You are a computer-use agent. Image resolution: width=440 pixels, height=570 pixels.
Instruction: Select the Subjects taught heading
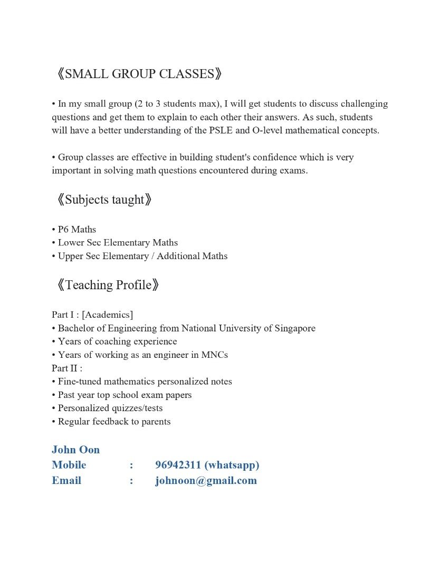[104, 199]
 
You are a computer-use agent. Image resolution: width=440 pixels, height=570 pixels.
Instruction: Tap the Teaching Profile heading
[108, 285]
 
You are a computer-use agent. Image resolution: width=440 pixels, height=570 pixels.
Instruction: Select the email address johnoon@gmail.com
[206, 480]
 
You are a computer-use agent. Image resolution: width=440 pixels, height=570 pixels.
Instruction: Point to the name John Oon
[75, 450]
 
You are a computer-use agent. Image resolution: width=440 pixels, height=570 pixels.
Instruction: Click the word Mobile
[69, 465]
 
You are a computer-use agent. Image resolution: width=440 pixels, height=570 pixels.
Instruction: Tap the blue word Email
[66, 480]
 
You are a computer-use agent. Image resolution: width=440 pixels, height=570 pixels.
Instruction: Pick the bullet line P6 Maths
[74, 229]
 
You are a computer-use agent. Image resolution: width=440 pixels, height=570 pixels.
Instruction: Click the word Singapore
[295, 328]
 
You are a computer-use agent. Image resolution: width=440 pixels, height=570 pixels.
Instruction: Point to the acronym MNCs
[215, 355]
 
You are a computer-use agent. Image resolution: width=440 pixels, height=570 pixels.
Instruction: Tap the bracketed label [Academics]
[108, 315]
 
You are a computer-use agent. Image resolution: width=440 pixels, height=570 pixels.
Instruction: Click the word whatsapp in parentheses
[232, 465]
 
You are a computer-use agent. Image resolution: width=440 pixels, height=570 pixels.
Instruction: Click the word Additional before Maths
[180, 256]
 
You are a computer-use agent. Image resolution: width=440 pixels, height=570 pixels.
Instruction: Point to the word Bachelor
[78, 328]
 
